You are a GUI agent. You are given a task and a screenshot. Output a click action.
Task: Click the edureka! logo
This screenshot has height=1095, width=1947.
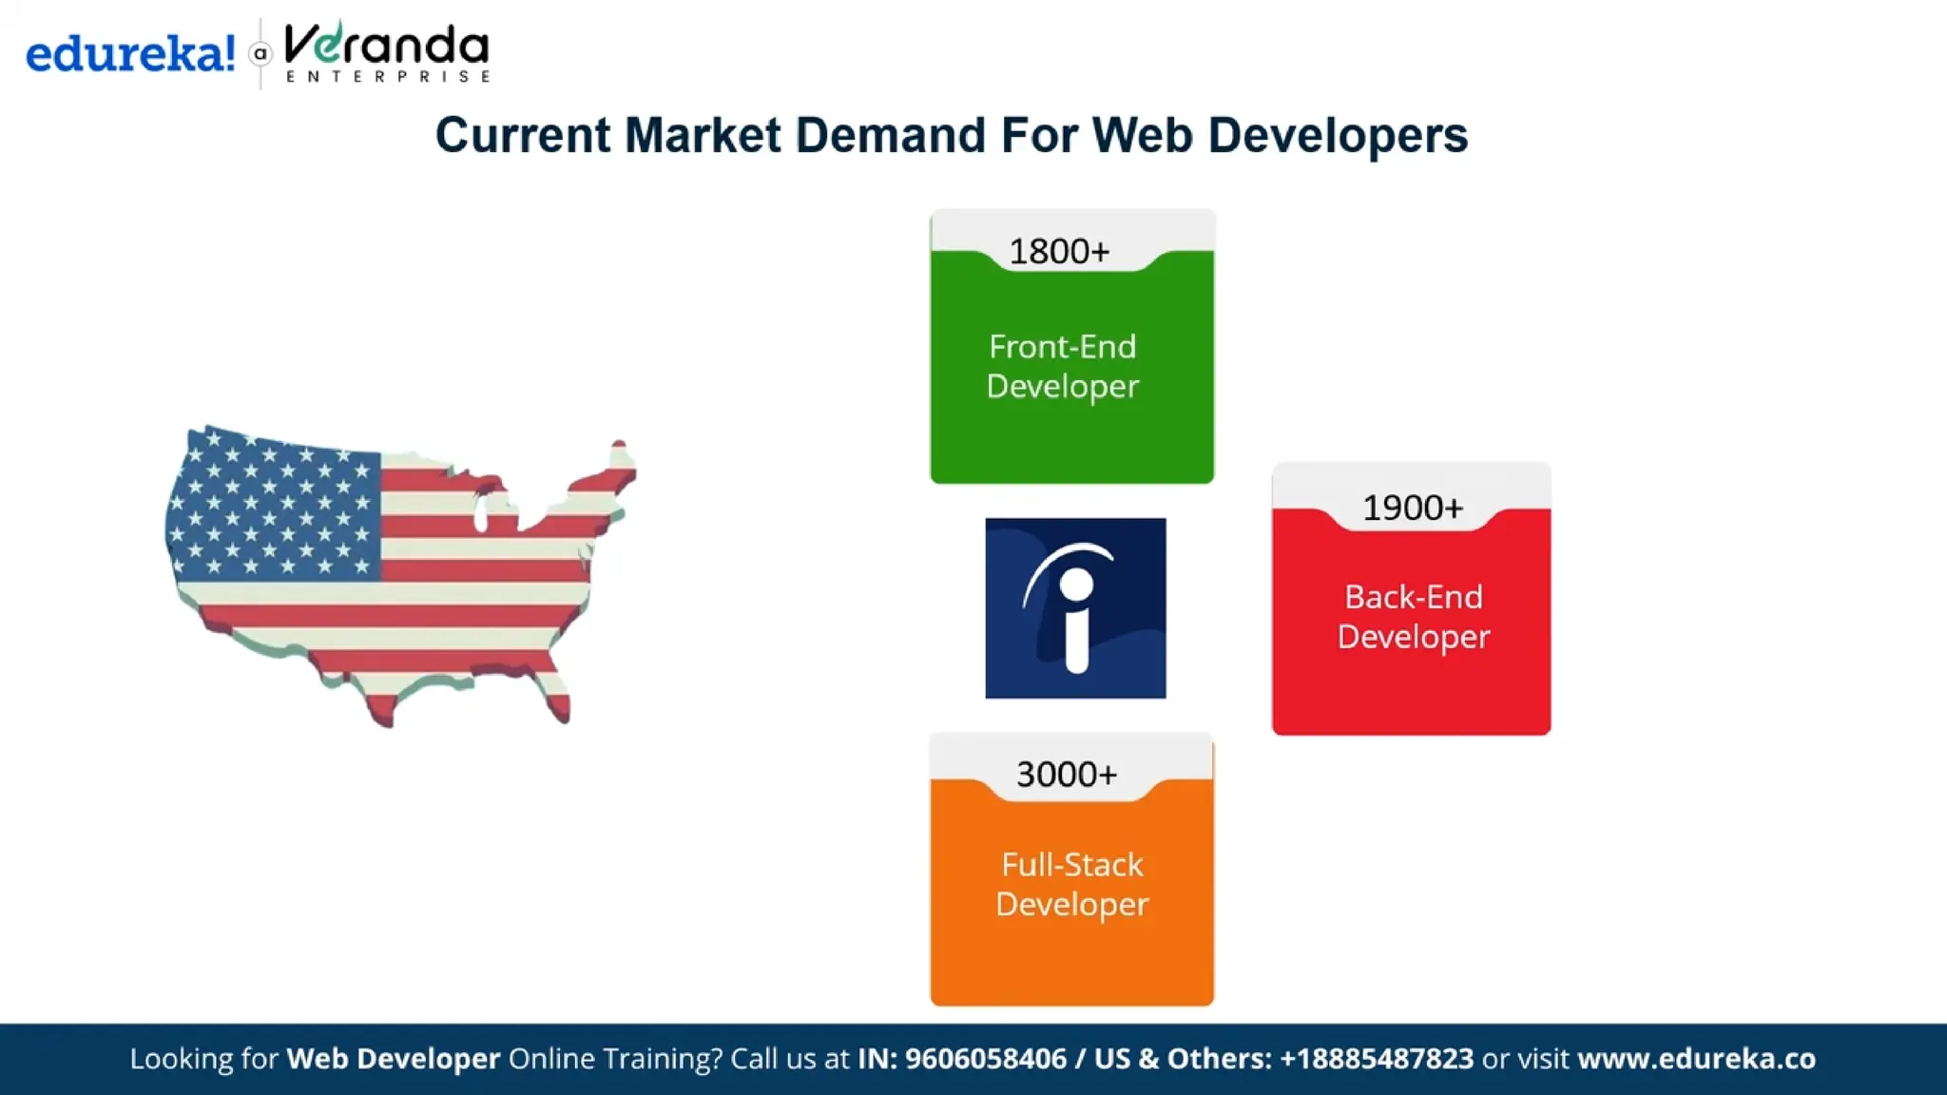click(x=130, y=53)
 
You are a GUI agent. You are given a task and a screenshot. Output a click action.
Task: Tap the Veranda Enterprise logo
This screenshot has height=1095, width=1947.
click(x=386, y=53)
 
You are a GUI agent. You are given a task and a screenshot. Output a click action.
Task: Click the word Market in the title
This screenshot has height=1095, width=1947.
click(x=703, y=135)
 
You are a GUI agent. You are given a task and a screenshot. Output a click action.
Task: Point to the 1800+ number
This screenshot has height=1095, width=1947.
click(x=1059, y=252)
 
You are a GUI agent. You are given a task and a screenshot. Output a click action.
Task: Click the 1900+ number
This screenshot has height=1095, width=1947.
click(x=1413, y=509)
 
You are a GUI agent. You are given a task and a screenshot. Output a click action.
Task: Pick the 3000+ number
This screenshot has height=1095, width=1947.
click(x=1067, y=775)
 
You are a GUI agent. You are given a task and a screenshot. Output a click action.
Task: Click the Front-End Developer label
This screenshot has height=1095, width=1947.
click(x=1062, y=366)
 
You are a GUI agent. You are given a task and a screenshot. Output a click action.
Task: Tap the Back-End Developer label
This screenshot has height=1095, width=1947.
click(x=1414, y=617)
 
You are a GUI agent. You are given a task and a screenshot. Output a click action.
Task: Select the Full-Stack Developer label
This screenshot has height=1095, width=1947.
click(x=1071, y=884)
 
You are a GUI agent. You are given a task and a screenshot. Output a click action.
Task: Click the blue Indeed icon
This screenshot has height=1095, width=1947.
click(x=1075, y=608)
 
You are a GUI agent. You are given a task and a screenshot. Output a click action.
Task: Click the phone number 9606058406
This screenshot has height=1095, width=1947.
click(x=985, y=1059)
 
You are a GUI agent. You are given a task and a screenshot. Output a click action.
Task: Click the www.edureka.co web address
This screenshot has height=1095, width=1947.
click(x=1696, y=1059)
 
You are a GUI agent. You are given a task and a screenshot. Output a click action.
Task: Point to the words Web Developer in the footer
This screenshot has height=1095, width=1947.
click(x=394, y=1059)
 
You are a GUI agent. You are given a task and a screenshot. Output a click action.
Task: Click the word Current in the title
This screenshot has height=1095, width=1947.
click(x=523, y=135)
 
